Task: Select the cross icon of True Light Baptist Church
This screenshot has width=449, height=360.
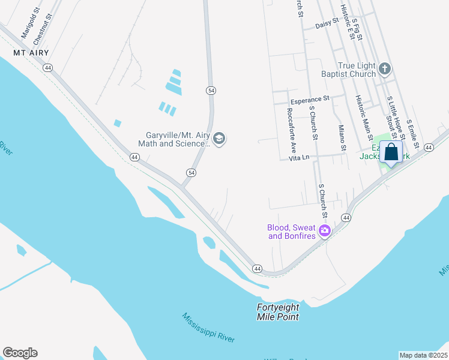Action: (x=385, y=70)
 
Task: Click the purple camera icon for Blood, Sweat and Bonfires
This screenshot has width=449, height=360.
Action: (x=325, y=231)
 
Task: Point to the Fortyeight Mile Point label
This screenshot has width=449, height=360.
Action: (x=278, y=312)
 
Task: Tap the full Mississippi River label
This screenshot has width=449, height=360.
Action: (x=209, y=328)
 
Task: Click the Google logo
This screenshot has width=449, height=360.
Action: (x=20, y=353)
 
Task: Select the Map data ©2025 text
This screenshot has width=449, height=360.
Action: (x=423, y=355)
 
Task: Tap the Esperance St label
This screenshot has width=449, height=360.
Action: (x=310, y=99)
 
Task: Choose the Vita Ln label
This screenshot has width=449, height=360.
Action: (x=298, y=157)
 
